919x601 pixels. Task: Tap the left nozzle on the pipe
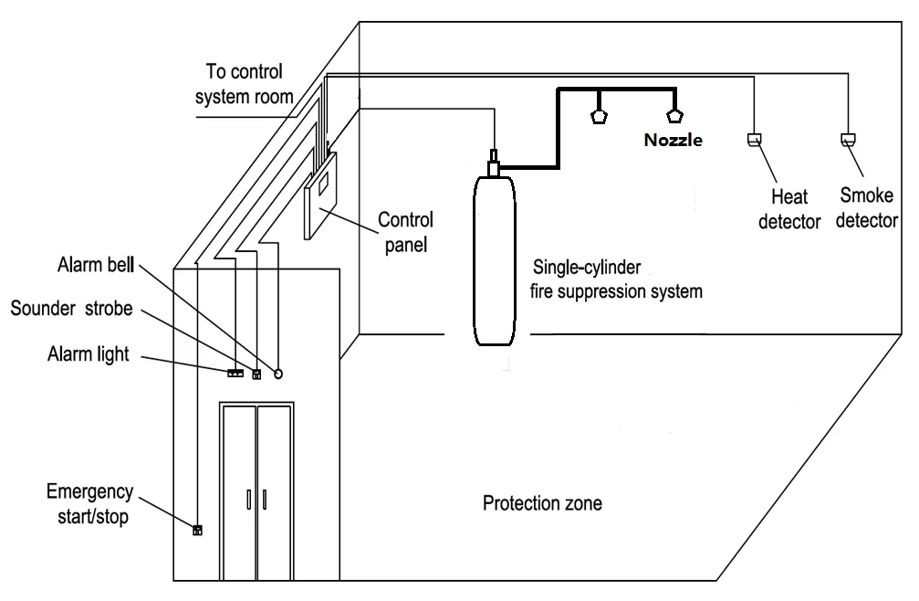coord(600,117)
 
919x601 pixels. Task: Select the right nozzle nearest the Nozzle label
coord(674,116)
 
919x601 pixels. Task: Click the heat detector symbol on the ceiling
coord(754,140)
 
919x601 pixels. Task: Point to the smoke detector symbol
coord(847,140)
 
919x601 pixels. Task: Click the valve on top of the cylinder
coord(494,164)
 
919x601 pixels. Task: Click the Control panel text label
coord(406,231)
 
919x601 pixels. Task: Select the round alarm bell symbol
coord(279,373)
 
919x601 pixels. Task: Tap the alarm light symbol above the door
coord(235,373)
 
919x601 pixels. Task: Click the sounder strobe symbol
coord(256,373)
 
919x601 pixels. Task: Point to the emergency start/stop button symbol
coord(196,528)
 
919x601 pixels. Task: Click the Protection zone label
coord(543,503)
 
